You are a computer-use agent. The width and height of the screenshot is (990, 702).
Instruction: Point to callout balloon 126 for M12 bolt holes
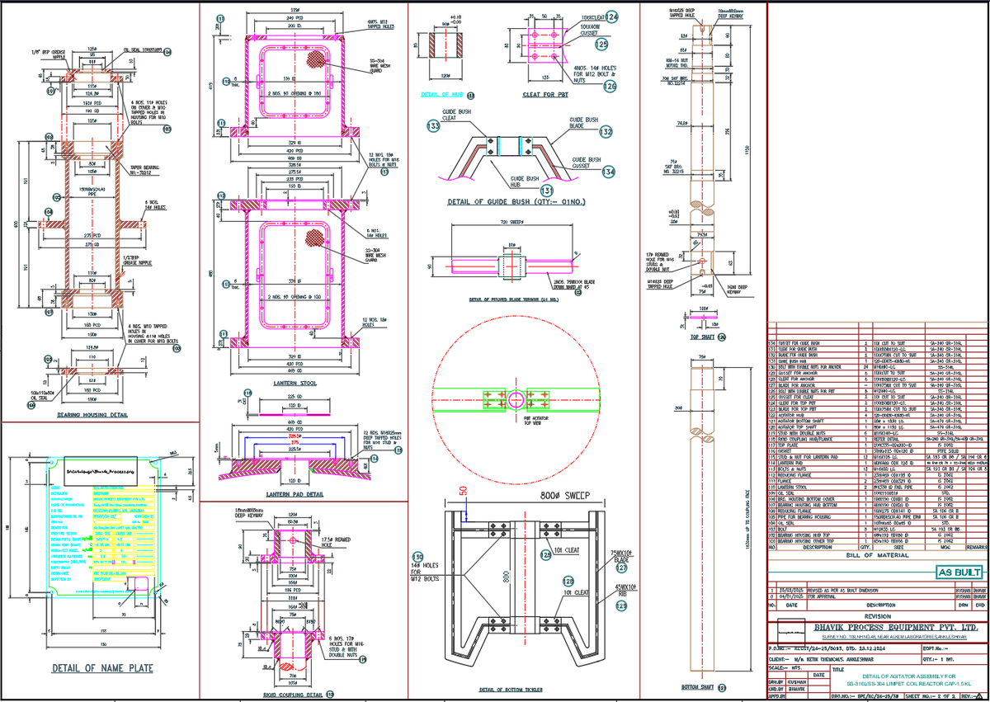click(x=610, y=86)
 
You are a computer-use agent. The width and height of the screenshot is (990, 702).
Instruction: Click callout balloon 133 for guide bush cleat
click(x=433, y=125)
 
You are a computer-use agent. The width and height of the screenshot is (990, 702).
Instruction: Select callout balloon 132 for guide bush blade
click(x=606, y=131)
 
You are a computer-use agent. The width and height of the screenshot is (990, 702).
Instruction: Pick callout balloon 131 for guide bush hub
click(x=522, y=190)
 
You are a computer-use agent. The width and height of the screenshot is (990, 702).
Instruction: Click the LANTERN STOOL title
click(x=293, y=383)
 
